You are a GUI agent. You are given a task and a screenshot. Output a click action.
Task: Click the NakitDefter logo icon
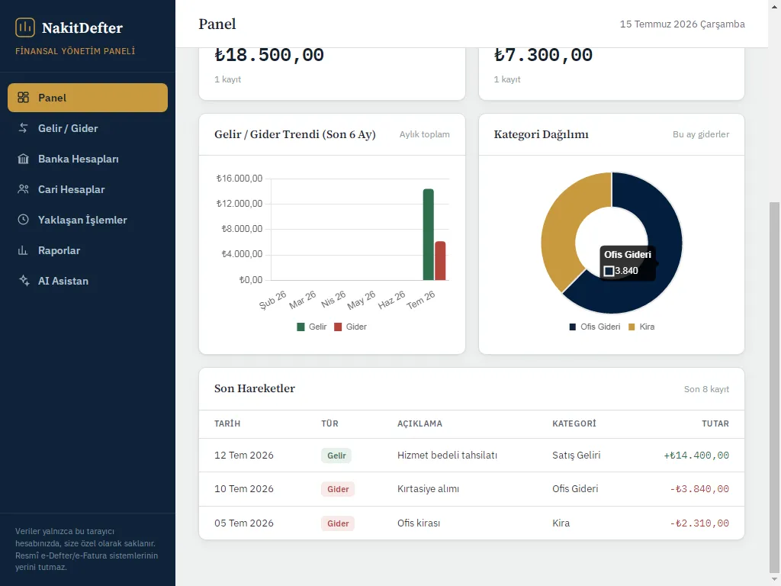pos(25,27)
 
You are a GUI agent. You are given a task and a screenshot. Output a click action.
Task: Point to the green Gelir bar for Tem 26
pos(429,235)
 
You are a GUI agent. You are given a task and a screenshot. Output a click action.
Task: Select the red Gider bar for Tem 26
pos(440,261)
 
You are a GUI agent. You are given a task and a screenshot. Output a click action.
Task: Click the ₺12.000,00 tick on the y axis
pos(239,203)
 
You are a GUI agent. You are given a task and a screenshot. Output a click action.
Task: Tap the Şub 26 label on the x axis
pos(273,300)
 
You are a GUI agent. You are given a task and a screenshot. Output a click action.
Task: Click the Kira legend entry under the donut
pos(641,327)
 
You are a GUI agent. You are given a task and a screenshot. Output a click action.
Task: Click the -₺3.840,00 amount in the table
pos(699,489)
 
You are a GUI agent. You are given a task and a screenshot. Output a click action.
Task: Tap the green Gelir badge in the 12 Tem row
pos(336,456)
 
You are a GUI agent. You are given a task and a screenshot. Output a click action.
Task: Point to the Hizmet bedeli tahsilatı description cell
pos(447,456)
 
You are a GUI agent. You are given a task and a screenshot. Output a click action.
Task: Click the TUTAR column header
pos(715,423)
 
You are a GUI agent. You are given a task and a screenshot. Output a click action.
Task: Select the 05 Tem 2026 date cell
pos(244,523)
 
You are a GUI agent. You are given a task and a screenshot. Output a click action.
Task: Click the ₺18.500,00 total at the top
pos(269,55)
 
